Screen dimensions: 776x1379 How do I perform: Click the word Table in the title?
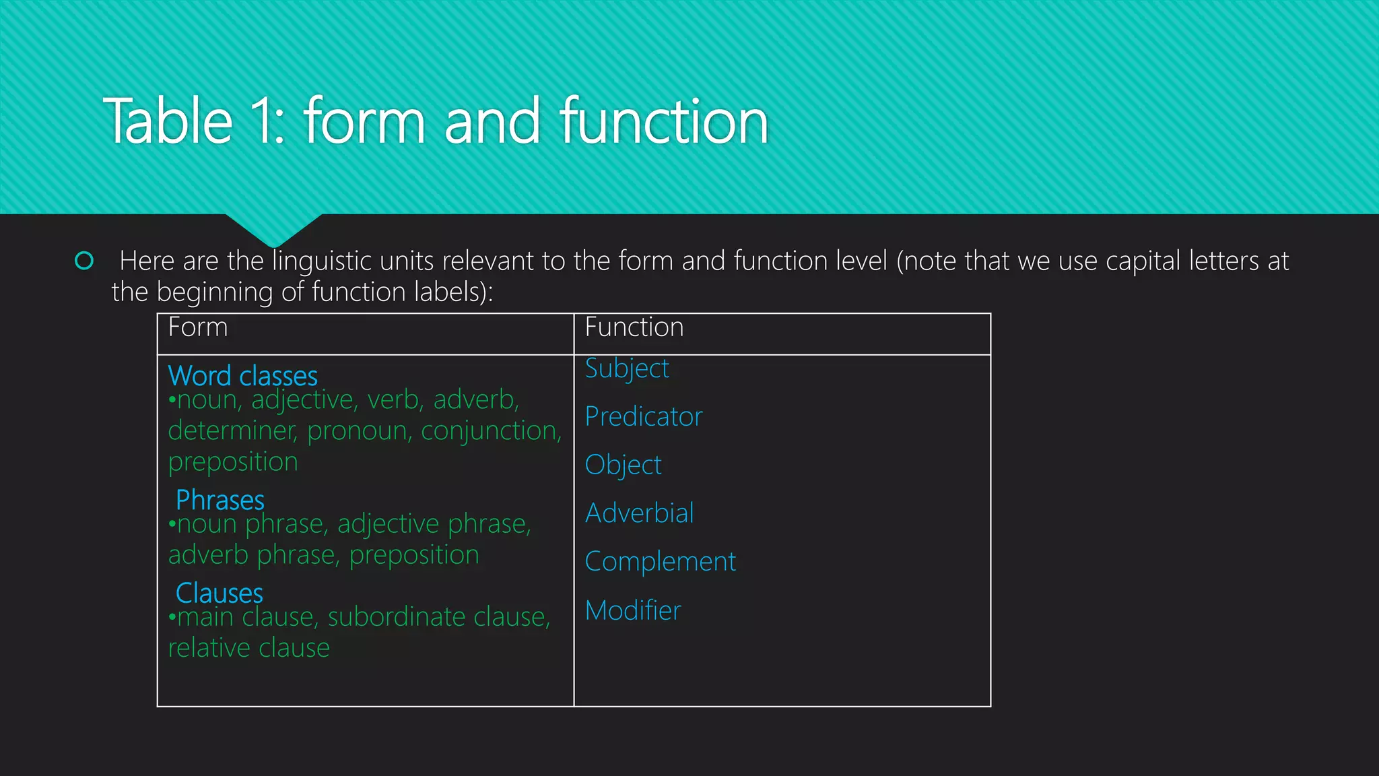[x=168, y=122]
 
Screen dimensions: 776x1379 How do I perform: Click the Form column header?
[x=197, y=328]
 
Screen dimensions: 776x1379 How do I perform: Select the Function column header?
[x=634, y=328]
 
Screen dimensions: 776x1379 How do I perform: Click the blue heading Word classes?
[x=242, y=376]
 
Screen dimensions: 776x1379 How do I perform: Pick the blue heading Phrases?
[x=220, y=500]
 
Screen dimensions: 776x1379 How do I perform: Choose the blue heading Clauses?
[x=219, y=593]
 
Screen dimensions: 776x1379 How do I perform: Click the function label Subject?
[x=626, y=369]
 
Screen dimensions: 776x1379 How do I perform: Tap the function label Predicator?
[x=643, y=417]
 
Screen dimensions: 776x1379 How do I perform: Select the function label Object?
[x=623, y=465]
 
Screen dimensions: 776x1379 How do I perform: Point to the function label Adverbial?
[x=639, y=513]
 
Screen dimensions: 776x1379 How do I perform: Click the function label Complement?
[x=660, y=562]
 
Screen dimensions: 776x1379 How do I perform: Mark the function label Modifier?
[x=633, y=610]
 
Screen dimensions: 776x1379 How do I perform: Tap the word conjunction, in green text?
[x=491, y=431]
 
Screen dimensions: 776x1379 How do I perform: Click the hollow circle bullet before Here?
[x=84, y=261]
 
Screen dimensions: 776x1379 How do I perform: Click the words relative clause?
[x=248, y=648]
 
